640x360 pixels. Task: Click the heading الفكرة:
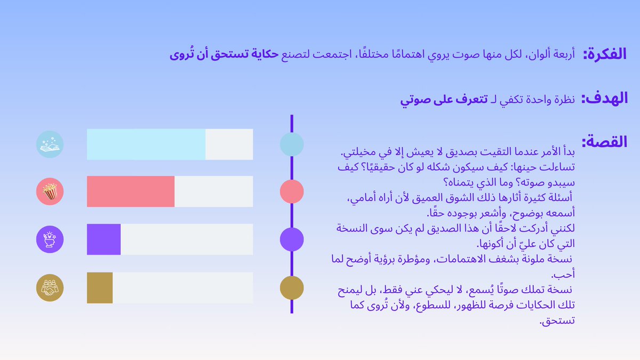coord(604,54)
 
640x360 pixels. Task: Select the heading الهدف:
coord(604,99)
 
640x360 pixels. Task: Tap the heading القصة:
coord(604,142)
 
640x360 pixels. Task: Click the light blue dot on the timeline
coord(292,145)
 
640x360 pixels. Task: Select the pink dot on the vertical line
coord(292,191)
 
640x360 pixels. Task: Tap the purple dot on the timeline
coord(292,239)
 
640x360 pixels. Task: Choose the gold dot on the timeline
coord(292,288)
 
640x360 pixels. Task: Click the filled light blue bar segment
coord(146,145)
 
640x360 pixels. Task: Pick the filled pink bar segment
coord(131,191)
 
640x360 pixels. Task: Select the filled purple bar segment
coord(104,239)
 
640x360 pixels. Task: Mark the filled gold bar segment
coord(100,288)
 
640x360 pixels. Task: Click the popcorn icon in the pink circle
coord(50,191)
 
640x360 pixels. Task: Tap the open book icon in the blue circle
coord(50,145)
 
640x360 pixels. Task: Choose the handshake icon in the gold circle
coord(50,288)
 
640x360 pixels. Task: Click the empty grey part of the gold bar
coord(182,288)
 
